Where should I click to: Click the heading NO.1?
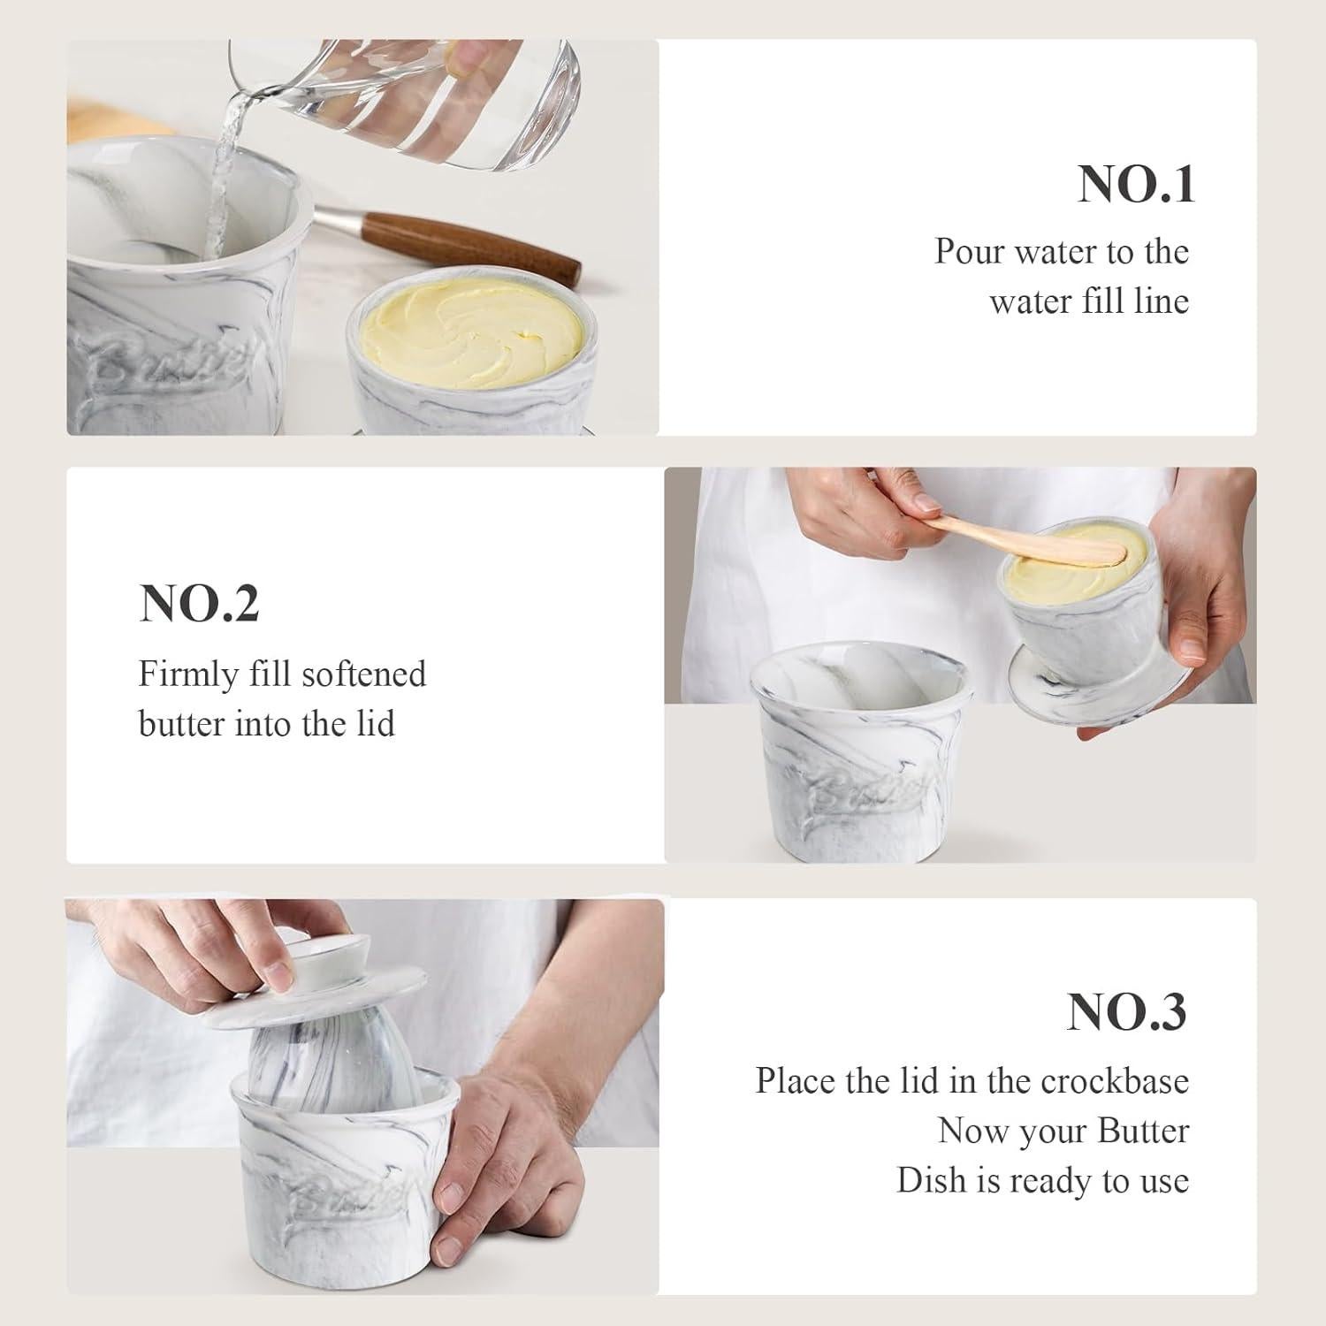tap(1136, 185)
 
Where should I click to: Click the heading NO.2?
tap(199, 604)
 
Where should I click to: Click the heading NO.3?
tap(1126, 1012)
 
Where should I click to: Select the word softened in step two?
tap(363, 674)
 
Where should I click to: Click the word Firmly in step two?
tap(188, 674)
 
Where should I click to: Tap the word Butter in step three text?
tap(1143, 1132)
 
